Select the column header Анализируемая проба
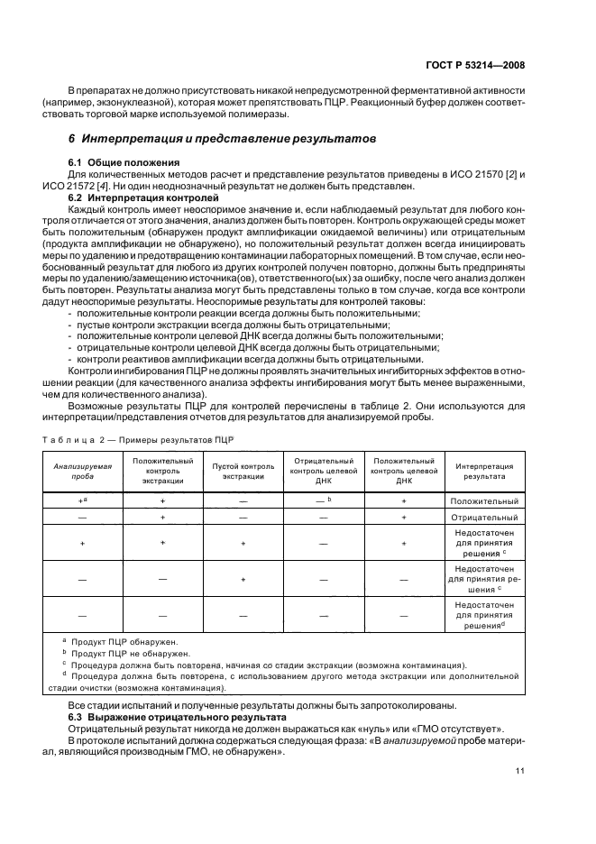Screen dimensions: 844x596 (82, 471)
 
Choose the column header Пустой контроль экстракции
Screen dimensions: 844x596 (243, 471)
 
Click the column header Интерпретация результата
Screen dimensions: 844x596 (484, 471)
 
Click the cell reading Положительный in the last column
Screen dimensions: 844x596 (484, 500)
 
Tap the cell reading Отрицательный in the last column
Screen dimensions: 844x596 (484, 518)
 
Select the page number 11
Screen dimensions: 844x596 (519, 770)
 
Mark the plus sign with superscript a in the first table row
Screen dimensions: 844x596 (81, 500)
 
